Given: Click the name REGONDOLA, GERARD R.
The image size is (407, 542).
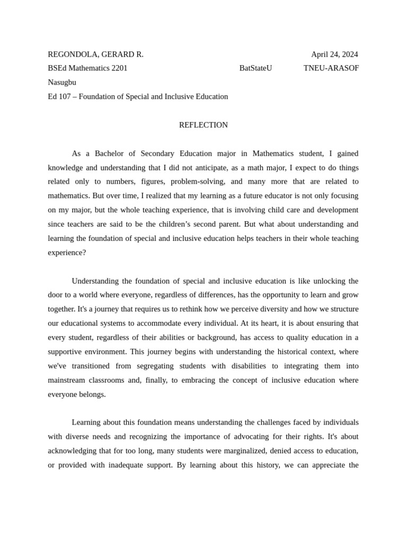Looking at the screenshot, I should click(x=95, y=54).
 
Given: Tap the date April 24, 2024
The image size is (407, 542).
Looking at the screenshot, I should click(x=334, y=54).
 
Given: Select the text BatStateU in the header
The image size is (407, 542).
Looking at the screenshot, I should click(x=255, y=68).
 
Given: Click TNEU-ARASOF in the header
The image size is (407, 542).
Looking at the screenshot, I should click(x=331, y=68).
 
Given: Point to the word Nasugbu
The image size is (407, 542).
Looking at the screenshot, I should click(x=62, y=83).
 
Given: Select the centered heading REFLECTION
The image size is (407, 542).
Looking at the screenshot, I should click(x=203, y=125).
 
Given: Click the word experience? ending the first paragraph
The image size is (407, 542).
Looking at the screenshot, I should click(x=67, y=253).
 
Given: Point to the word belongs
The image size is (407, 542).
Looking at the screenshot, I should click(x=93, y=394).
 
